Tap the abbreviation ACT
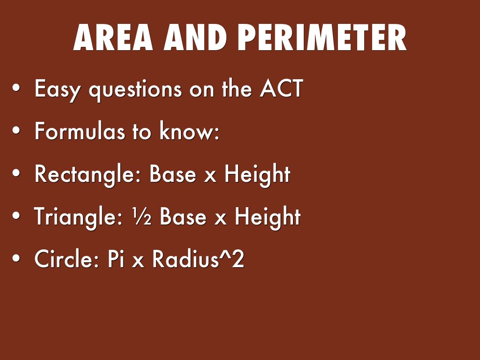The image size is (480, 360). (282, 88)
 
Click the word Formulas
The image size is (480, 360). (80, 131)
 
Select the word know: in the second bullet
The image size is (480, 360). (189, 131)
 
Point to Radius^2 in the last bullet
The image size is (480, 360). (198, 259)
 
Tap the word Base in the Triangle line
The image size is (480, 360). (183, 217)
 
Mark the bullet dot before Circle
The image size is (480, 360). (16, 258)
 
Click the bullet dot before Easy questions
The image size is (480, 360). (16, 89)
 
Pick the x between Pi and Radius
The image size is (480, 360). (138, 262)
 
